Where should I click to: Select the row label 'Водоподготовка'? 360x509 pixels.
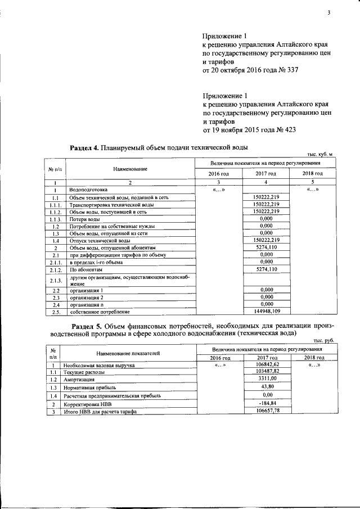coord(88,190)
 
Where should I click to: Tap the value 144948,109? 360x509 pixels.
coord(267,311)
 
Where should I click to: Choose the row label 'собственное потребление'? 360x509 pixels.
coord(100,312)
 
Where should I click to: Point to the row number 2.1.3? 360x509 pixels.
coord(55,281)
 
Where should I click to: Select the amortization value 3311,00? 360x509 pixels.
coord(267,379)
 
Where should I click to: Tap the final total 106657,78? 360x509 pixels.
coord(267,411)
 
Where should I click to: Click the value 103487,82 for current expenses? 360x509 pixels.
coord(267,371)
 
